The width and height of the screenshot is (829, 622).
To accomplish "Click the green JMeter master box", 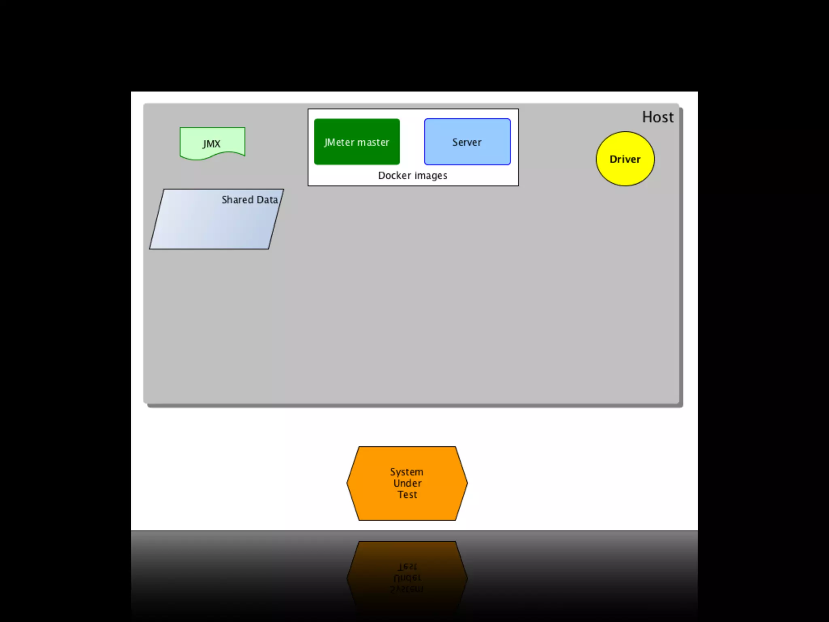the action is pyautogui.click(x=357, y=141).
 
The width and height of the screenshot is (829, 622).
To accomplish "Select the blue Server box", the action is pyautogui.click(x=467, y=142).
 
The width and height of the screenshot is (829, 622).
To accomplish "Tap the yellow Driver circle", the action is pyautogui.click(x=625, y=159).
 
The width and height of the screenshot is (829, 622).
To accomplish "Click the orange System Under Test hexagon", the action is pyautogui.click(x=407, y=483).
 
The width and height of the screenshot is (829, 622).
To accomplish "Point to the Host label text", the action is pyautogui.click(x=658, y=117).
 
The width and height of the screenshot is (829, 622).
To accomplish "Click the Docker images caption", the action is pyautogui.click(x=412, y=175).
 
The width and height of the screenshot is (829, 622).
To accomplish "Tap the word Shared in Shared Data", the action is pyautogui.click(x=237, y=200).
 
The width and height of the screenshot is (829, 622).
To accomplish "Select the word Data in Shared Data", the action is pyautogui.click(x=267, y=200).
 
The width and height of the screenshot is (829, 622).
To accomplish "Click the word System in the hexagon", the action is pyautogui.click(x=406, y=472).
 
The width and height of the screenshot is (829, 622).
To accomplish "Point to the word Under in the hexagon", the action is pyautogui.click(x=407, y=483).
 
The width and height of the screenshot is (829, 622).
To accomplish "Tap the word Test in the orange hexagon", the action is pyautogui.click(x=407, y=494).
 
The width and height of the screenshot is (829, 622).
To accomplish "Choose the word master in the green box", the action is pyautogui.click(x=373, y=142).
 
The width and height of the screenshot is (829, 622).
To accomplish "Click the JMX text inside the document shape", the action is pyautogui.click(x=211, y=144).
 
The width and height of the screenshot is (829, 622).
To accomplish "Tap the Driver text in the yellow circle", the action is pyautogui.click(x=625, y=159).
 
